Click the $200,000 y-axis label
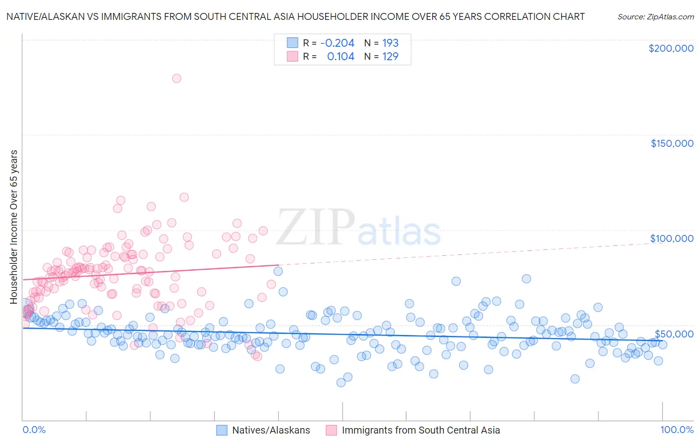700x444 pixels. (671, 48)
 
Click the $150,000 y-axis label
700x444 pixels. (672, 143)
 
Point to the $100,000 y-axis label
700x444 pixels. (672, 238)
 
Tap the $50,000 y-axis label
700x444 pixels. (674, 333)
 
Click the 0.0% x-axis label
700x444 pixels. (34, 430)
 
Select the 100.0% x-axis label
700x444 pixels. (677, 430)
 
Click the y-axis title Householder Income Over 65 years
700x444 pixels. (13, 226)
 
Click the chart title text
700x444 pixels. (295, 16)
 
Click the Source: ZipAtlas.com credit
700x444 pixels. (655, 16)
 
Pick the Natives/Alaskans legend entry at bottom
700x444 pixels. (263, 430)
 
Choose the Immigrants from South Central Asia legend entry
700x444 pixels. (413, 430)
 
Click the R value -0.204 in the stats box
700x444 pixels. (337, 43)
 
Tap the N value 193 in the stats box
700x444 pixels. (390, 43)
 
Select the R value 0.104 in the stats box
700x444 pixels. (341, 56)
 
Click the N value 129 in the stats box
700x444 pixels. (390, 56)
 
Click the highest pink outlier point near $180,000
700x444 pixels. (176, 78)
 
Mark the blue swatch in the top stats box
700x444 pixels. (292, 43)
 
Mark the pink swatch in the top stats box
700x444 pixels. (292, 56)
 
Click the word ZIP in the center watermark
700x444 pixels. (316, 227)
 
